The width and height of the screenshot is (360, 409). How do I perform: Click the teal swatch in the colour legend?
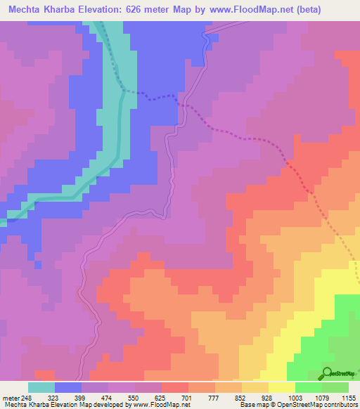[41, 387]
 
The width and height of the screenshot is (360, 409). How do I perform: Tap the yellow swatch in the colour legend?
[281, 387]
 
